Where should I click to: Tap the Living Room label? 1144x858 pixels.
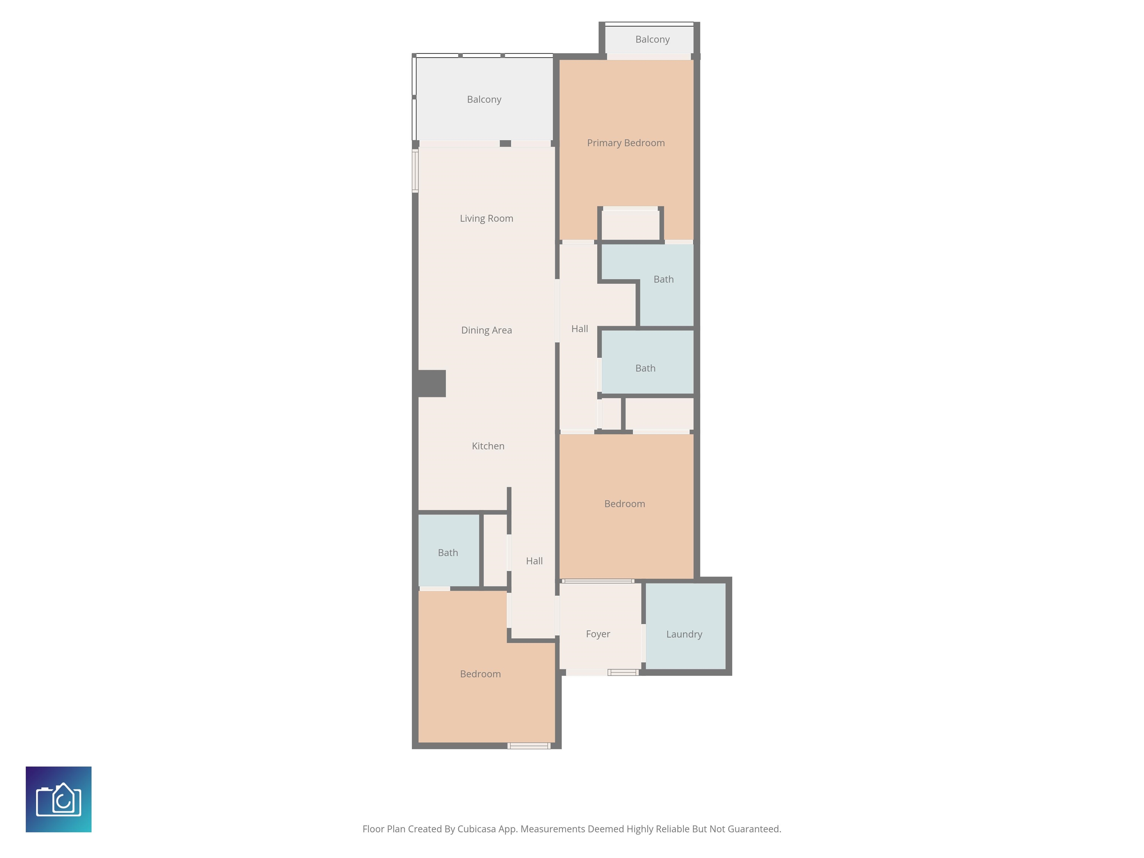click(x=486, y=219)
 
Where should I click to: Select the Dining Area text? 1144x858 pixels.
click(x=486, y=330)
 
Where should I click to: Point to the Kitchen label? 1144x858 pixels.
click(x=488, y=446)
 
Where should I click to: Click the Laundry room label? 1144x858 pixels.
click(x=684, y=635)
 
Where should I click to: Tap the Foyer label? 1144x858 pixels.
click(x=598, y=635)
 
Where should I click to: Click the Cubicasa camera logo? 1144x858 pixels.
click(x=58, y=799)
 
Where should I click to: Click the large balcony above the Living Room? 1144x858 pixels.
click(x=484, y=98)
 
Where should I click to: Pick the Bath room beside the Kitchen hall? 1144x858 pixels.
click(x=448, y=550)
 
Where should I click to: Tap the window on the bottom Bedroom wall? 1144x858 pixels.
click(x=528, y=746)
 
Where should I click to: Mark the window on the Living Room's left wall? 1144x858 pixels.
click(x=415, y=171)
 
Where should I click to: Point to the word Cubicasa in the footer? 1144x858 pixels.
click(x=476, y=829)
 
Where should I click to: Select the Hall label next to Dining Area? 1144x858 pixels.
click(x=579, y=329)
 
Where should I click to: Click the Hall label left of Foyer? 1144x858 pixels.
click(x=534, y=561)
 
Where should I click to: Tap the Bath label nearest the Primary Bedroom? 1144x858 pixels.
click(x=664, y=279)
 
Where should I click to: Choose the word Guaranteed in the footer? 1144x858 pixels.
click(x=754, y=829)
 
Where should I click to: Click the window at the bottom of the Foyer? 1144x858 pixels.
click(x=623, y=672)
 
